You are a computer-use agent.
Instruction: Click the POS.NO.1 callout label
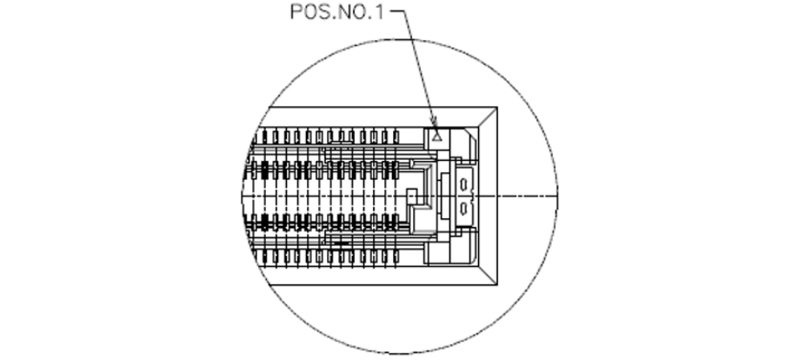pos(336,12)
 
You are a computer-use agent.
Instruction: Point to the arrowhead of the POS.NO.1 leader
pos(435,121)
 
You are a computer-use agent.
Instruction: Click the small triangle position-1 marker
pos(437,137)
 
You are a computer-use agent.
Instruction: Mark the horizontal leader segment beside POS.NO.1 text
pos(396,11)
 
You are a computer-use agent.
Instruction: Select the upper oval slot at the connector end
pos(463,183)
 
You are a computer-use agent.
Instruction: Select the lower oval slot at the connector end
pos(463,208)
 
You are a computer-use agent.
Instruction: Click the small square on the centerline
pos(411,196)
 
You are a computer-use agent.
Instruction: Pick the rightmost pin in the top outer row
pos(396,137)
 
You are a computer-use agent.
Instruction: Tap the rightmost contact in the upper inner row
pos(395,170)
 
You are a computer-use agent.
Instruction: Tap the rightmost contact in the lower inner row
pos(395,222)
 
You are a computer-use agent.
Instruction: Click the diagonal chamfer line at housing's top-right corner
pos(488,117)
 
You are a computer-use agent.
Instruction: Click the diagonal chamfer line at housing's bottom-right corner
pos(488,275)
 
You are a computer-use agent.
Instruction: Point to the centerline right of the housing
pos(528,196)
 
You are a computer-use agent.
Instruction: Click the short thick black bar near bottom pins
pos(341,243)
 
